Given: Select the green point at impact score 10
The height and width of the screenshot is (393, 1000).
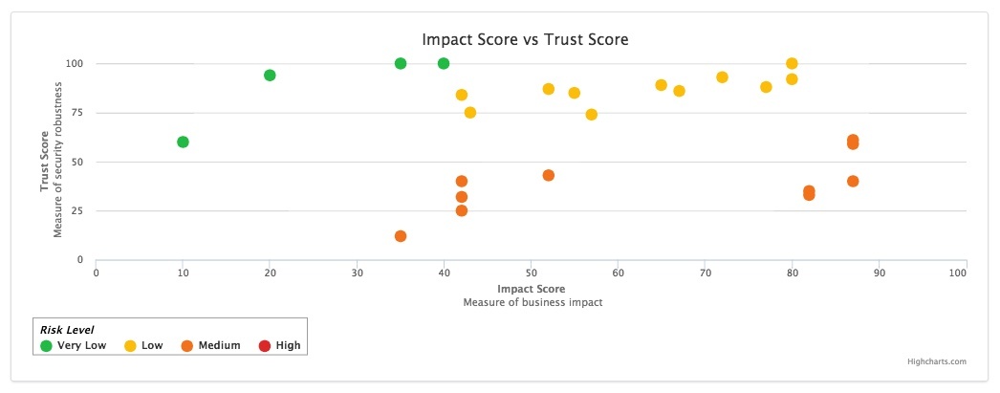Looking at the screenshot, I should click(183, 142).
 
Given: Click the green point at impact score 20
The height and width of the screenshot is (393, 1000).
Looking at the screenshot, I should click(270, 76).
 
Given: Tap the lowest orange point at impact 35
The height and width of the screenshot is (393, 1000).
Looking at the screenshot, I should click(401, 236).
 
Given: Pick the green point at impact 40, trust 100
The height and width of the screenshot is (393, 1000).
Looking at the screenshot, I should click(444, 64).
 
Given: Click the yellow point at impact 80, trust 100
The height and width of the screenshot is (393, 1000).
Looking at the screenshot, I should click(792, 64).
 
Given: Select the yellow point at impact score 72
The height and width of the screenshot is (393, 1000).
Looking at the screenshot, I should click(722, 77).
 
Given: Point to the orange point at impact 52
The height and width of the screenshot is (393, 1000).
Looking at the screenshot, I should click(549, 176).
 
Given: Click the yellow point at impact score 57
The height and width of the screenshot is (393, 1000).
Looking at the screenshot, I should click(592, 115).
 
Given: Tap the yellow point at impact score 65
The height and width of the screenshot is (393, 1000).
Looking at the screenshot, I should click(662, 85).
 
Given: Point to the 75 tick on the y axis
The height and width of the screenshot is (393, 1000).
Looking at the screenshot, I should click(76, 113).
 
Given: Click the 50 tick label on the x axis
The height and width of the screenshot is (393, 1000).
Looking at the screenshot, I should click(531, 273).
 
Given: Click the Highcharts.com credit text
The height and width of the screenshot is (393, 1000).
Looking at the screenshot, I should click(937, 361).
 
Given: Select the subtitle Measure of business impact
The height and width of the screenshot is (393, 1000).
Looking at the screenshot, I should click(532, 302).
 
